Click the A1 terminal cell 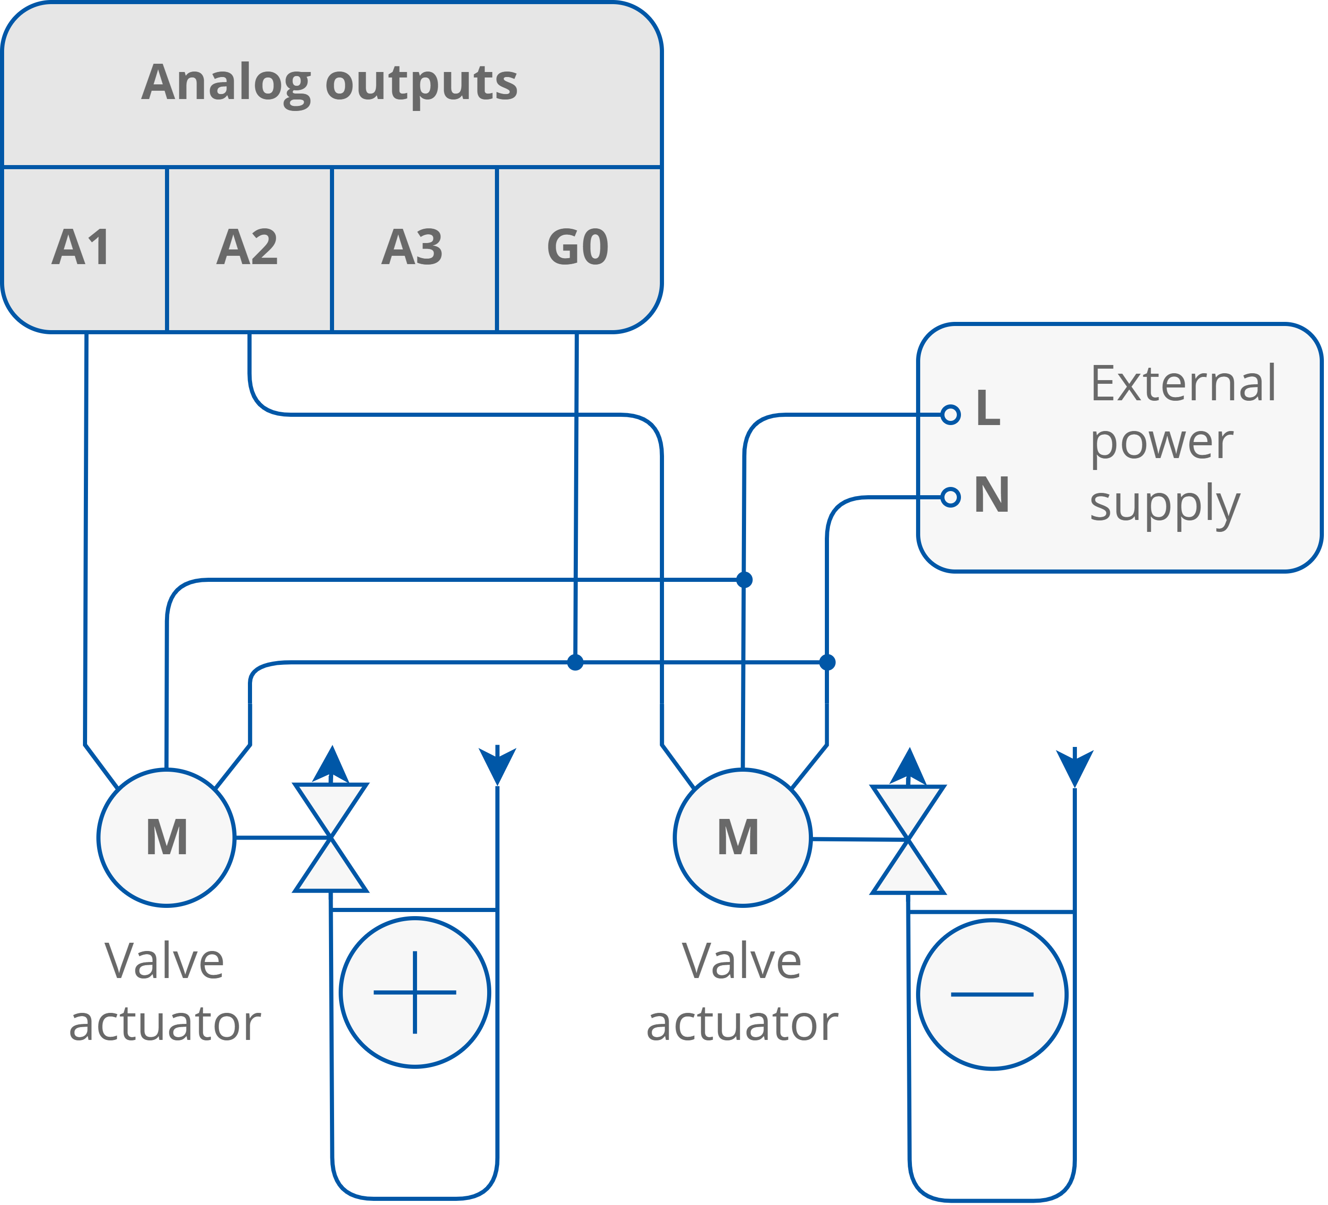click(83, 249)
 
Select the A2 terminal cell click(248, 249)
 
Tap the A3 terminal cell click(413, 249)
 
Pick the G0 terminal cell click(578, 249)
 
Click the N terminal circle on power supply click(950, 497)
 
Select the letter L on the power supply click(988, 409)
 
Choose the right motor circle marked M click(742, 837)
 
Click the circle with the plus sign click(415, 992)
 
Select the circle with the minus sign click(991, 994)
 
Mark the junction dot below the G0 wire click(575, 662)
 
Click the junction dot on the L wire click(744, 580)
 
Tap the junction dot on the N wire click(828, 662)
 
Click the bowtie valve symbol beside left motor click(330, 838)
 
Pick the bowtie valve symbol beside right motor click(908, 839)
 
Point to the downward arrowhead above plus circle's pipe click(497, 765)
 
